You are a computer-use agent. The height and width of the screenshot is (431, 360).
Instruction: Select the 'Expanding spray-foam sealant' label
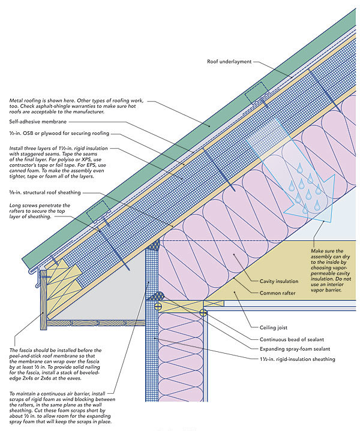[x=288, y=348]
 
